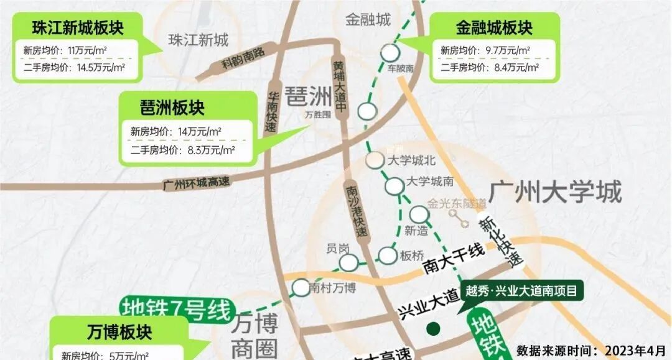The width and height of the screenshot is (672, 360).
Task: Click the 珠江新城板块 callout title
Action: coord(78,29)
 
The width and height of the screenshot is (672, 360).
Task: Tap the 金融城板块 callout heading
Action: coord(494,28)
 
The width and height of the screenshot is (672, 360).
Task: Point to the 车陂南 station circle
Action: coord(391,52)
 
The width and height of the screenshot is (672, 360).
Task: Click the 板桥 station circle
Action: coord(388,255)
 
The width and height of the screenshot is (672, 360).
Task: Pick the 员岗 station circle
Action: coord(348,262)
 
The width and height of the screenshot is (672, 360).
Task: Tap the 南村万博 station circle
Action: coord(301,287)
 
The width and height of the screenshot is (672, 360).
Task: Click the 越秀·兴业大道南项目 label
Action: coord(521,290)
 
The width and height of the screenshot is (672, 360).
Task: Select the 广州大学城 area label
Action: coord(555,192)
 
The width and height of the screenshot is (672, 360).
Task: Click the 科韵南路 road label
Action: coord(243,59)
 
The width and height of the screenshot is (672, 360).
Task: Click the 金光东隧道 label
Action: coord(457,203)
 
